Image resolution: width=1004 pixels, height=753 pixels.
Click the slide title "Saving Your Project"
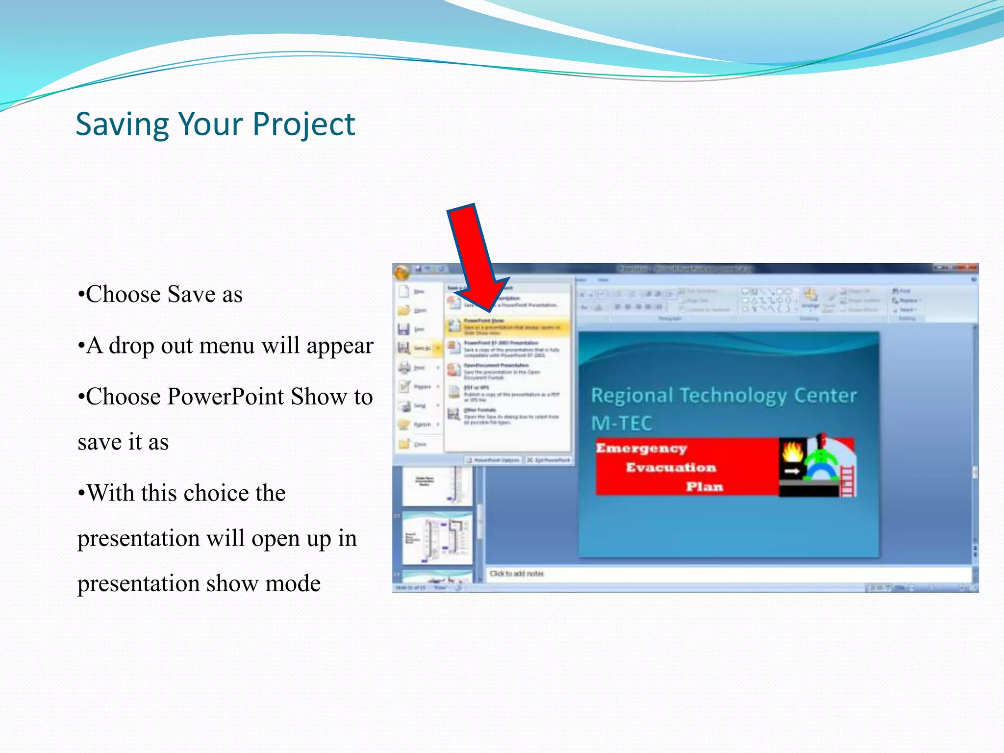coord(215,124)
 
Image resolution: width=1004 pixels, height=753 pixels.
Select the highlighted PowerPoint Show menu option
coord(507,326)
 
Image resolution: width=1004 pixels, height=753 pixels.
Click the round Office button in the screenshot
coord(402,273)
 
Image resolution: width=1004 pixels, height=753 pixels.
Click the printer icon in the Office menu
coord(405,367)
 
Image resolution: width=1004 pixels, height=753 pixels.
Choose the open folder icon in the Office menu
coord(404,310)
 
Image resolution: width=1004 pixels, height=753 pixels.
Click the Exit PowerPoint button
coord(549,460)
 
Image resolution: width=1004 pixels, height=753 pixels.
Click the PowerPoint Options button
coord(493,460)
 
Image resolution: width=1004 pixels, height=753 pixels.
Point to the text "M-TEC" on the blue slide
coord(622,423)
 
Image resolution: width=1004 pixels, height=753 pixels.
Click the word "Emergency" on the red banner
coord(641,448)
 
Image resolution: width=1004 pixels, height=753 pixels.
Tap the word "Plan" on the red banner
coord(704,486)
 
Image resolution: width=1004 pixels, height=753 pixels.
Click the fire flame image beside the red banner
coord(792,452)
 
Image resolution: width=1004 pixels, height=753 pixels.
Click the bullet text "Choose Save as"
coord(164,295)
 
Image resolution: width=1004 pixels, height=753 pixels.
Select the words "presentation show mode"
coord(199,583)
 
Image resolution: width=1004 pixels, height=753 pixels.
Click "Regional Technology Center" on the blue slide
coord(723,395)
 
